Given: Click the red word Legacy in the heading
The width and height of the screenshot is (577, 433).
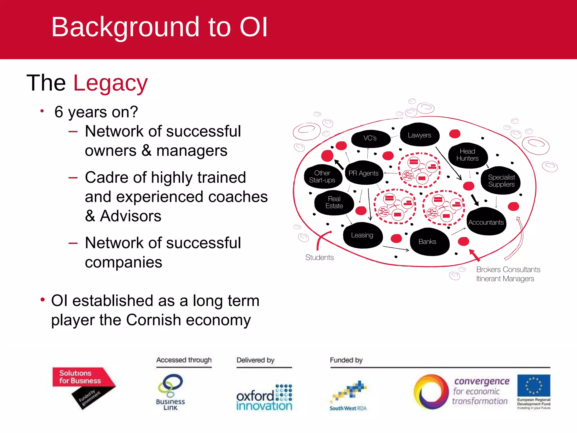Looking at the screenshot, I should [x=110, y=83].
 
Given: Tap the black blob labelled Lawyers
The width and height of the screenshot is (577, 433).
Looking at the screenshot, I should [x=419, y=135].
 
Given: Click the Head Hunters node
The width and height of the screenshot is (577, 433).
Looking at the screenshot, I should [x=467, y=155].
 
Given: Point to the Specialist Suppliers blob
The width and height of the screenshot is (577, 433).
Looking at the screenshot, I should [x=501, y=181].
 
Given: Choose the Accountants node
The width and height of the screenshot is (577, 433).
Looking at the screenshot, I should [x=486, y=222].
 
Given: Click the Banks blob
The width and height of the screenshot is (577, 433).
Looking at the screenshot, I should [x=427, y=242].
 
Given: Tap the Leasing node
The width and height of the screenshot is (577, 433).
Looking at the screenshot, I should [x=362, y=235].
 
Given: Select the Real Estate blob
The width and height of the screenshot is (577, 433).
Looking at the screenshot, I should [x=334, y=202].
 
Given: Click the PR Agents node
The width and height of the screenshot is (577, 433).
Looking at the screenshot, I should [x=363, y=173].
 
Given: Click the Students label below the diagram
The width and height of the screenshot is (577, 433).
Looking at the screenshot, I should [x=319, y=257].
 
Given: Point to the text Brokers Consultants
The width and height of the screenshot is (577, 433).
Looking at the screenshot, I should [x=508, y=269].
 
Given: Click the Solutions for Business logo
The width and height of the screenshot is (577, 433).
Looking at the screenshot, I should [x=82, y=383].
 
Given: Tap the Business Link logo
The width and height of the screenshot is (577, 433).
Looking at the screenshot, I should [x=170, y=392].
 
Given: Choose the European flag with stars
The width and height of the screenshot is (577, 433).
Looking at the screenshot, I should [x=533, y=385].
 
